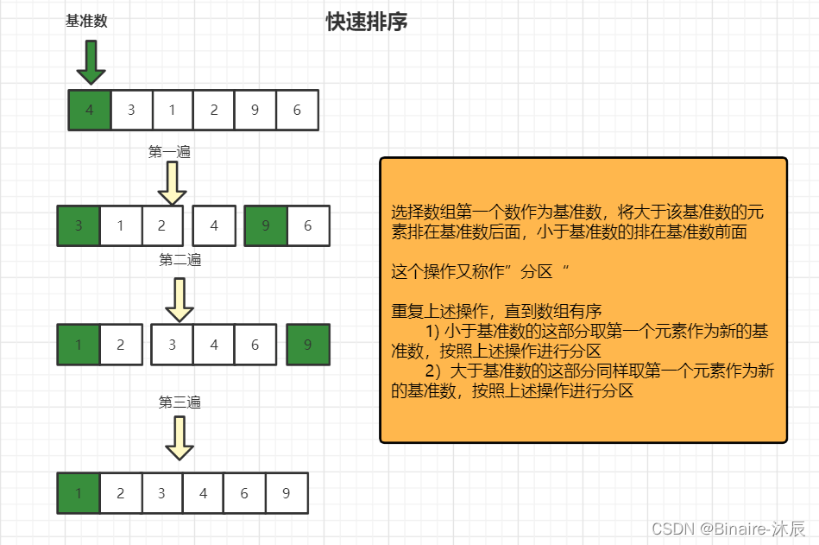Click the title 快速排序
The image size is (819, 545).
[367, 22]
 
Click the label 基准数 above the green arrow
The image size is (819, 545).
[86, 22]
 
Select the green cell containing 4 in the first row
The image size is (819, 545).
[90, 110]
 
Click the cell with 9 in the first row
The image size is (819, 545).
[255, 110]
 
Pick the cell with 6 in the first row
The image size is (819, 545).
[297, 110]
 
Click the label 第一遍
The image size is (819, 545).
[169, 152]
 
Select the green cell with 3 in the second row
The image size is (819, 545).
[79, 226]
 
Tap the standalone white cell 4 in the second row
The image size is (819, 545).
[214, 226]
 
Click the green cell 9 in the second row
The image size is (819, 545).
[266, 226]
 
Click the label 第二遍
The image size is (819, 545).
[180, 260]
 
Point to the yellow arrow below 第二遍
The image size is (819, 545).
[180, 299]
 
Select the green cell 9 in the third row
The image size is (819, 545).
[308, 345]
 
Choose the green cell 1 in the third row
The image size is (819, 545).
[79, 345]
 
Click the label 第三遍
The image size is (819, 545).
[180, 402]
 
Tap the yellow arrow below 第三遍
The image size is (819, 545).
[180, 439]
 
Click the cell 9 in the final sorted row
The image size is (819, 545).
[287, 493]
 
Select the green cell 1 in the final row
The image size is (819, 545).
[79, 493]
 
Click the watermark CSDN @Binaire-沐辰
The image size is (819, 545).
[728, 528]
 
